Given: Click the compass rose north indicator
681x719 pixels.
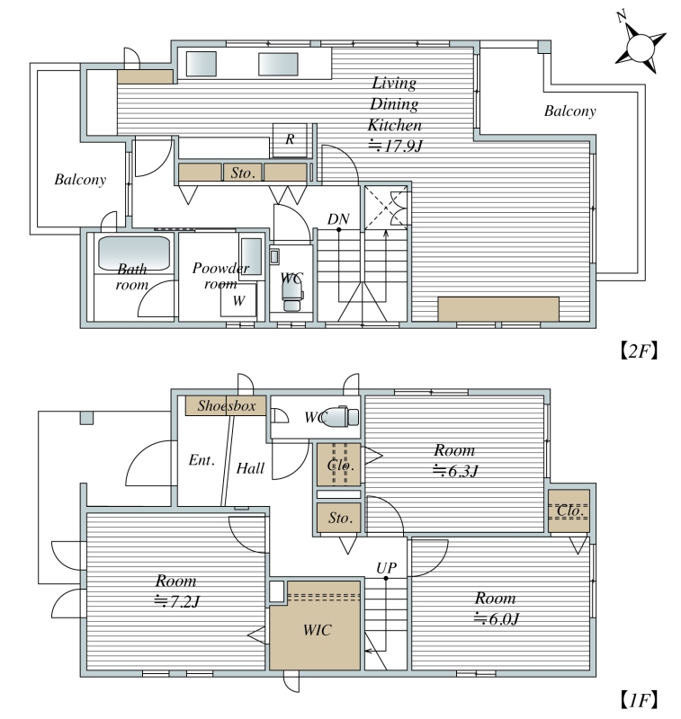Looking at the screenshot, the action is pyautogui.click(x=640, y=42).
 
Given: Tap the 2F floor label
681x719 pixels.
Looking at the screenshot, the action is pyautogui.click(x=639, y=351).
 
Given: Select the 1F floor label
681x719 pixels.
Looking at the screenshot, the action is pyautogui.click(x=639, y=700).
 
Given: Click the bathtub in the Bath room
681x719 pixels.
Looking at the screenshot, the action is pyautogui.click(x=133, y=253).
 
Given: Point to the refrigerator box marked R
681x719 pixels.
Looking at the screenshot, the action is pyautogui.click(x=290, y=140).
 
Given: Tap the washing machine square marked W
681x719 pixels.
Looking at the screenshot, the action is pyautogui.click(x=238, y=300).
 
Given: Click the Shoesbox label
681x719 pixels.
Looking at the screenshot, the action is pyautogui.click(x=226, y=406).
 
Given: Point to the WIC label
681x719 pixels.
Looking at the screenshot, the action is pyautogui.click(x=317, y=630).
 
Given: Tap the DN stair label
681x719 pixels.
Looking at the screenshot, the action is pyautogui.click(x=338, y=219).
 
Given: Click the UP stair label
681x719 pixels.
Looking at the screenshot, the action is pyautogui.click(x=387, y=568).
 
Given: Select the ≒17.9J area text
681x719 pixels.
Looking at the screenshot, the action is pyautogui.click(x=395, y=146).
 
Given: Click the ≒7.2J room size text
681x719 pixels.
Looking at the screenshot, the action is pyautogui.click(x=176, y=601).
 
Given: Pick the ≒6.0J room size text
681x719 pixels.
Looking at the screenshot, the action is pyautogui.click(x=496, y=618).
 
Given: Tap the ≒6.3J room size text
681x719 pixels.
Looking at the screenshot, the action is pyautogui.click(x=456, y=470).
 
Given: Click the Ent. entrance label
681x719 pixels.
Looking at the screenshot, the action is pyautogui.click(x=202, y=460).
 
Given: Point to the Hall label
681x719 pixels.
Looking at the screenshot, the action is pyautogui.click(x=250, y=468).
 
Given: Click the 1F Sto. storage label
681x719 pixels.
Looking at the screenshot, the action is pyautogui.click(x=340, y=519).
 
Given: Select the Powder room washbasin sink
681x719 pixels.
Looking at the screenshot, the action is pyautogui.click(x=251, y=256).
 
